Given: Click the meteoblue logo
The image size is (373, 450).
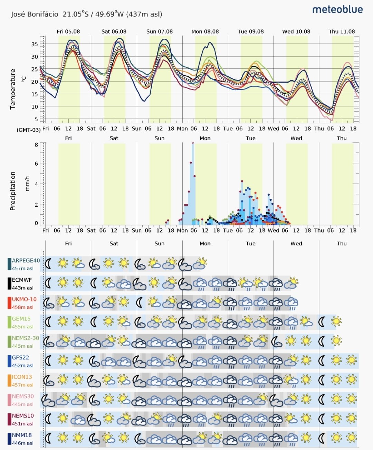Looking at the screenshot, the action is (337, 10).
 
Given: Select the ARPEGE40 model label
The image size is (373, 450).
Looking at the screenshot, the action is (26, 261).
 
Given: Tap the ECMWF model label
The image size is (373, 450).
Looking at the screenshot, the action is (22, 280).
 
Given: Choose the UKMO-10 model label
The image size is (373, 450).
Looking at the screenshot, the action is (24, 299).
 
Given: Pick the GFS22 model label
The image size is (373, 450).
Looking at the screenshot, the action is (20, 357).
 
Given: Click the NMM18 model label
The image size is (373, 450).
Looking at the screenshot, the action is (22, 435).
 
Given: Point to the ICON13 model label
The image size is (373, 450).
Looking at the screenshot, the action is (22, 377).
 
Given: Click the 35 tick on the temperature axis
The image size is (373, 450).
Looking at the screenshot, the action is (35, 44).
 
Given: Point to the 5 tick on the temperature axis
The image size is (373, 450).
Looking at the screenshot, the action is (36, 119).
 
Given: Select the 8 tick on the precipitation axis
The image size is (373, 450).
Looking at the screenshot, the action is (36, 144).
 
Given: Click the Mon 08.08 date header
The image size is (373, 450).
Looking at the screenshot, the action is (205, 32).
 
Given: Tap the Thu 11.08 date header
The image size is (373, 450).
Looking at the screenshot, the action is (342, 32).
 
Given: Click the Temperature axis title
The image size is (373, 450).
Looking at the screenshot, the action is (13, 89).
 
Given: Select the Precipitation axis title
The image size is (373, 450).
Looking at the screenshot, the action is (13, 191).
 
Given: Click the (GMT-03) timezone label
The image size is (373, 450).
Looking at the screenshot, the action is (29, 130).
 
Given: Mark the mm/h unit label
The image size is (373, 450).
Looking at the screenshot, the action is (27, 184).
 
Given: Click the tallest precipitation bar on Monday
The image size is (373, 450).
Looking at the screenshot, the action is (193, 184).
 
